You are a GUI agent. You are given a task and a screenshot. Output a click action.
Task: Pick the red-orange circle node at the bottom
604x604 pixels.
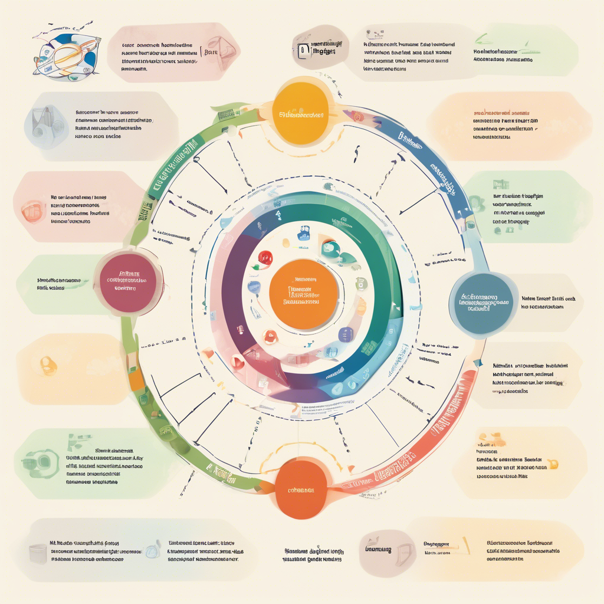[x=301, y=489]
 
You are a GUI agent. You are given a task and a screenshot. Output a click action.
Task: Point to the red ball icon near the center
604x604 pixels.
[x=265, y=258]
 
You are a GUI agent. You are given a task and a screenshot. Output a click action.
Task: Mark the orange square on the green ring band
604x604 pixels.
[x=136, y=380]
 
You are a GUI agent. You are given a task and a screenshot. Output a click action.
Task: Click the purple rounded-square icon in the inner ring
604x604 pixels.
[x=345, y=334]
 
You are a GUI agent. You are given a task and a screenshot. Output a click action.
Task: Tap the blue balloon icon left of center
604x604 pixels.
[x=254, y=287]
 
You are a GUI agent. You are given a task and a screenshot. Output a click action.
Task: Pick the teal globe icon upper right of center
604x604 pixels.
[x=329, y=248]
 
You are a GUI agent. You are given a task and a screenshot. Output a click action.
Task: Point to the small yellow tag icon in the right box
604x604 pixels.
[x=552, y=462]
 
